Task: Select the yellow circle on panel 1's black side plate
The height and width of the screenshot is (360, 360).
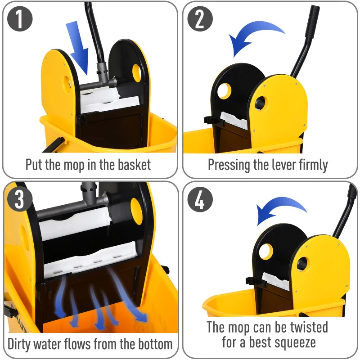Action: coord(136,70)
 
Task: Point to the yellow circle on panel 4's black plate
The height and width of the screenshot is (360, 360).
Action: coord(266,251)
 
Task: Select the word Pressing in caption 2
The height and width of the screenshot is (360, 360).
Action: coord(229,165)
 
